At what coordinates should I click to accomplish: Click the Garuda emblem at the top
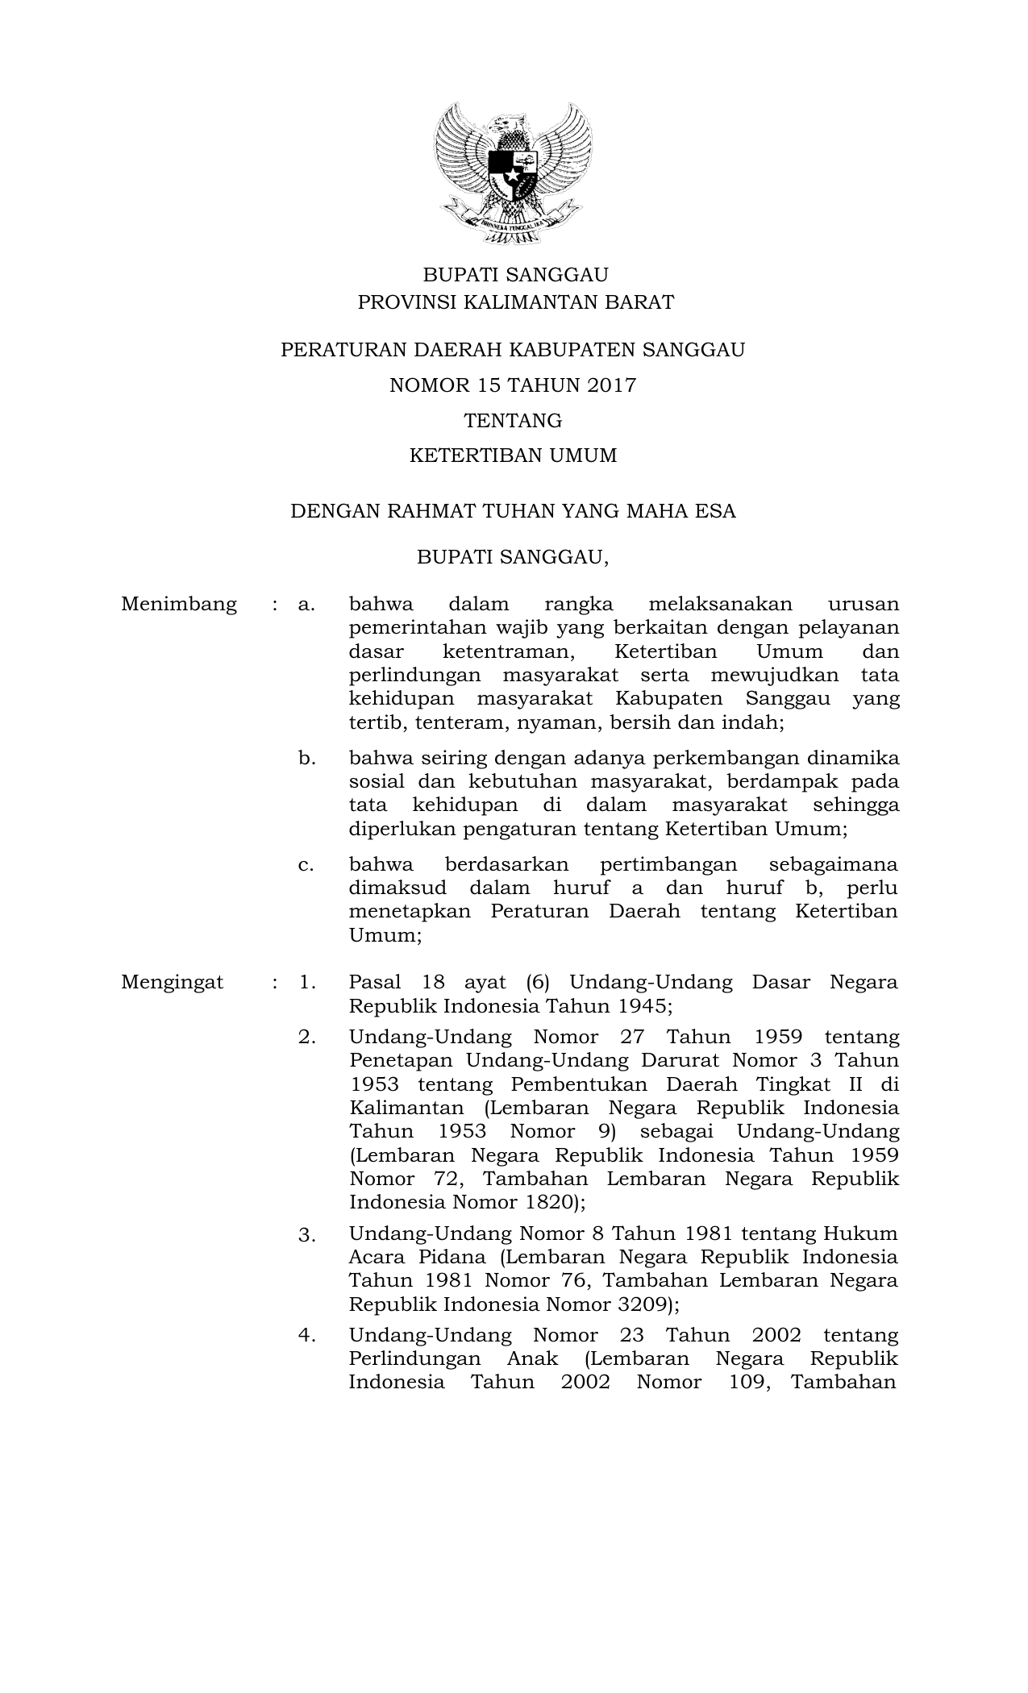(x=514, y=173)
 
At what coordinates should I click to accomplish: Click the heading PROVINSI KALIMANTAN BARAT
(x=515, y=302)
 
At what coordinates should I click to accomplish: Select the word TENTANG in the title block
(x=513, y=421)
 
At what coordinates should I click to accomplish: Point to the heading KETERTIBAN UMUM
(x=513, y=456)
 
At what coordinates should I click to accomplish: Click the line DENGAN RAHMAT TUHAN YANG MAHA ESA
(x=513, y=511)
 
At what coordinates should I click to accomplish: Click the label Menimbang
(x=179, y=605)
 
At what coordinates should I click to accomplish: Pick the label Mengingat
(x=173, y=983)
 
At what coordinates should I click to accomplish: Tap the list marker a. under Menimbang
(x=306, y=605)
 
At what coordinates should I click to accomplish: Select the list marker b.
(x=306, y=759)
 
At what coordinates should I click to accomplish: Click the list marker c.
(x=306, y=865)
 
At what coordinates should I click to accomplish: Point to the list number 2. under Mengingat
(x=306, y=1038)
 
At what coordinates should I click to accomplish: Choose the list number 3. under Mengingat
(x=306, y=1235)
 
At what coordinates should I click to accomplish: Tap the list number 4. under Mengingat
(x=306, y=1335)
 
